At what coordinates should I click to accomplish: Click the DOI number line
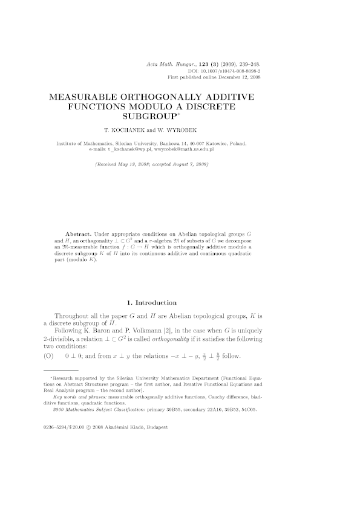pos(223,71)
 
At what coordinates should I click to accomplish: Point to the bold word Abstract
pos(79,233)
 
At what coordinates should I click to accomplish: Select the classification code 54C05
pos(248,410)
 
